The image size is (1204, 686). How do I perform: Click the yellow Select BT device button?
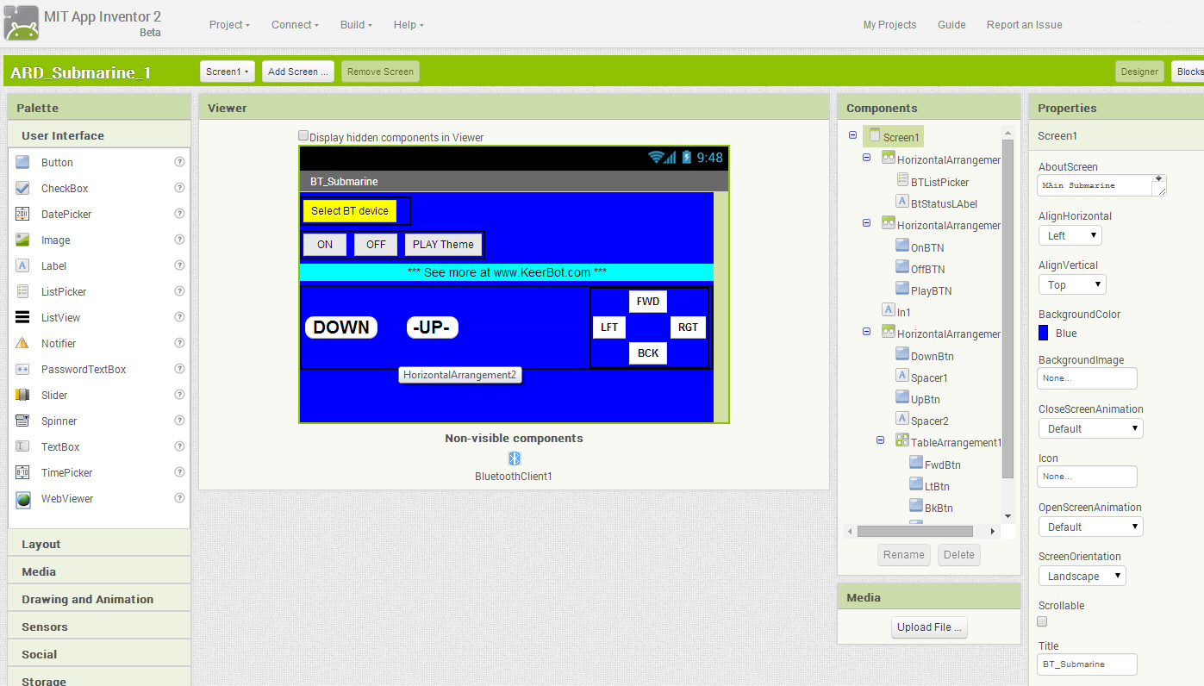pos(349,211)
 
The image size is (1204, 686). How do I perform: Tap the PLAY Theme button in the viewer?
pos(443,245)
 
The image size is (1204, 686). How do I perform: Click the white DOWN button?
pos(341,327)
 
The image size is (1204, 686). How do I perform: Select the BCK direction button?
pos(648,353)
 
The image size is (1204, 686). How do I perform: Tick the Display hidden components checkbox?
pos(303,136)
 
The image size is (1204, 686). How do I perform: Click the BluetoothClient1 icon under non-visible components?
pos(515,458)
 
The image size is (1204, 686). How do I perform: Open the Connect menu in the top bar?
pos(295,25)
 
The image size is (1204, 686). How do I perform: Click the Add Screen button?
pos(298,72)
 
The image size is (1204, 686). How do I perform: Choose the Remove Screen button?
pos(380,72)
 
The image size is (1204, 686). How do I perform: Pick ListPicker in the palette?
pos(64,291)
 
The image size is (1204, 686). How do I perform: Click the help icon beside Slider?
pos(179,395)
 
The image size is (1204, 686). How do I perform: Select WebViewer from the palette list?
pos(67,498)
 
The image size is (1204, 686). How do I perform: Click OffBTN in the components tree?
pos(927,270)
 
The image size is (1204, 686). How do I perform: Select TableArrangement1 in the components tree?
pos(956,442)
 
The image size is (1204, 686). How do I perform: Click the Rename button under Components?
pos(903,555)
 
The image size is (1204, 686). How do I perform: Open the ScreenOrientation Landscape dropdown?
pos(1082,576)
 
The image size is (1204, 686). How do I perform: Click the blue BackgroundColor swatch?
pos(1044,333)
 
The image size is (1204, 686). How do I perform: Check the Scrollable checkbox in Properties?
pos(1042,621)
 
